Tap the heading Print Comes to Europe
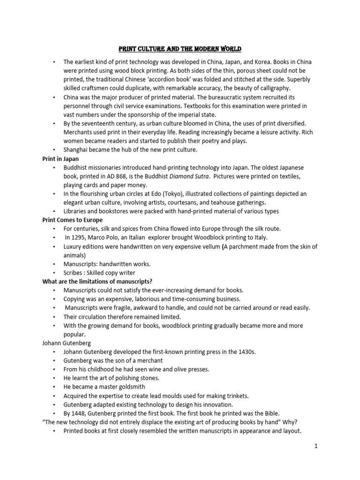pos(72,220)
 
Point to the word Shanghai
pos(77,150)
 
